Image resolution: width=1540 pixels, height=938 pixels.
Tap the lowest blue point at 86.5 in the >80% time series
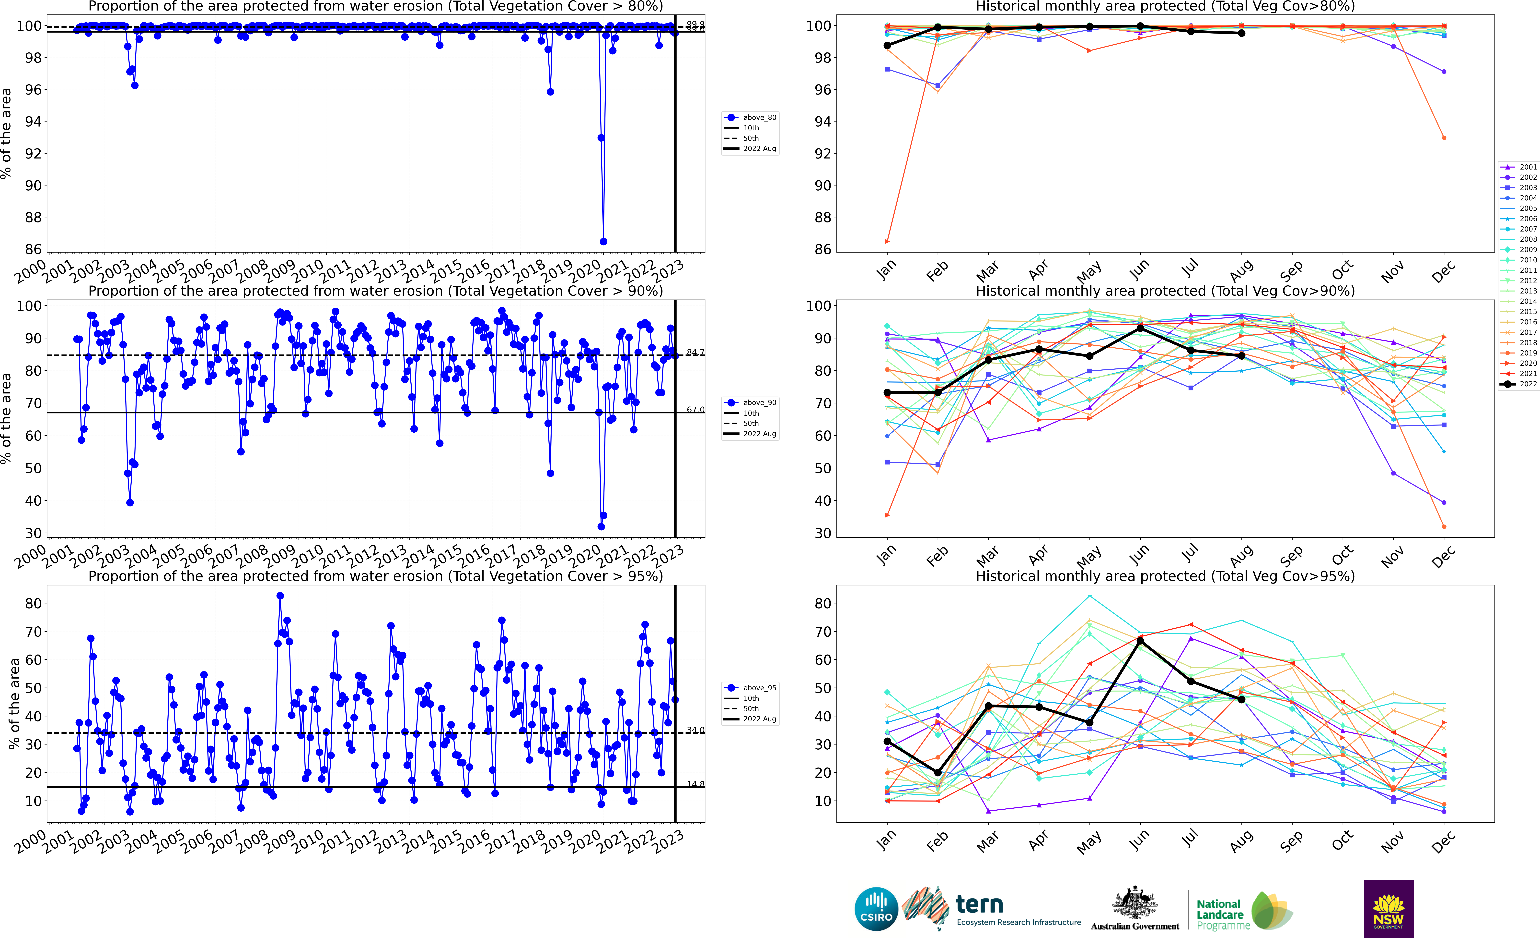[x=603, y=241]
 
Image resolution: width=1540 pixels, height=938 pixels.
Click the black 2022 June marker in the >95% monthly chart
[x=1140, y=641]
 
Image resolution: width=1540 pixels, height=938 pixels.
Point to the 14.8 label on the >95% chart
[x=695, y=784]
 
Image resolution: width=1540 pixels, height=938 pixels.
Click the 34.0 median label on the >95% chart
[x=695, y=730]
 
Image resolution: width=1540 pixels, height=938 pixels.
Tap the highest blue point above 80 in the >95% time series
[x=280, y=596]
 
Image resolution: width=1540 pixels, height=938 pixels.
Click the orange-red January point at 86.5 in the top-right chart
[x=887, y=241]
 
